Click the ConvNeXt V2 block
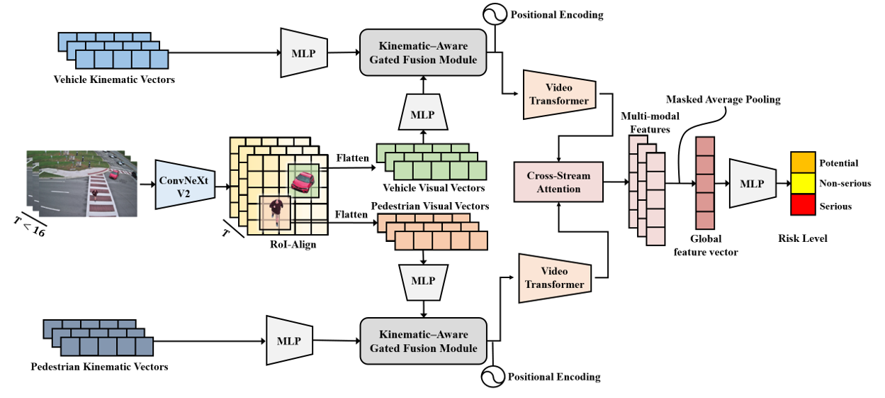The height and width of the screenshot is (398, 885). pyautogui.click(x=183, y=184)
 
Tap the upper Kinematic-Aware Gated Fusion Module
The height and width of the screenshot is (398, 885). pyautogui.click(x=423, y=52)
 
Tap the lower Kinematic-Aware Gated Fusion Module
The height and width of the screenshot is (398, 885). pyautogui.click(x=423, y=341)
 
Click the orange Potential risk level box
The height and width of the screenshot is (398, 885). pyautogui.click(x=804, y=162)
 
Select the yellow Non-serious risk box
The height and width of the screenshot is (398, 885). pyautogui.click(x=804, y=184)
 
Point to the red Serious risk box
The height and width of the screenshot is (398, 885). pyautogui.click(x=804, y=205)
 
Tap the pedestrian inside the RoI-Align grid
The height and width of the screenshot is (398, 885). pyautogui.click(x=276, y=211)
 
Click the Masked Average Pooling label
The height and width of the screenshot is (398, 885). pyautogui.click(x=723, y=100)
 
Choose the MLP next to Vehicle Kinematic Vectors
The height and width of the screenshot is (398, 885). pyautogui.click(x=303, y=52)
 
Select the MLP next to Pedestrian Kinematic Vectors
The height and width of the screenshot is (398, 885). pyautogui.click(x=288, y=341)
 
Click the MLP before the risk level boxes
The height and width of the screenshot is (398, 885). pyautogui.click(x=752, y=184)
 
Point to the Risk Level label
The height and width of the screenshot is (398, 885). pyautogui.click(x=804, y=239)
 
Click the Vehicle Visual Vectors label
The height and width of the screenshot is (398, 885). pyautogui.click(x=434, y=188)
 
